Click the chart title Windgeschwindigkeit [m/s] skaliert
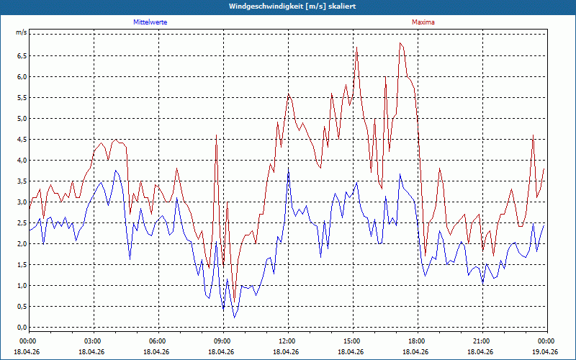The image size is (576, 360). point(292,6)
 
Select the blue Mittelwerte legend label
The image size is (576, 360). point(150,22)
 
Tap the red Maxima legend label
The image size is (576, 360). point(423,22)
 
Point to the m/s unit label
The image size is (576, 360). point(22,32)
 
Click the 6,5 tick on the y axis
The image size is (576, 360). point(22,56)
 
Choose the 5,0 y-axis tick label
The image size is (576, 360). point(22,119)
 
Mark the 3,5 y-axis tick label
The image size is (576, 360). point(22,181)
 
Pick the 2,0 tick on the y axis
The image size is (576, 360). point(22,244)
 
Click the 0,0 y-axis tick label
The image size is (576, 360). point(22,328)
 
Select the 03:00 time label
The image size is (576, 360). point(94,341)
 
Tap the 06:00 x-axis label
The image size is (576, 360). point(158,341)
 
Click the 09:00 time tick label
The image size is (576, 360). point(223,341)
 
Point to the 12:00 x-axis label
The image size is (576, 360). point(289,341)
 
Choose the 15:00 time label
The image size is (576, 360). point(353,341)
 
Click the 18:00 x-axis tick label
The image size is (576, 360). point(418,341)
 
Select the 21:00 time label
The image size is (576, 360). point(482,341)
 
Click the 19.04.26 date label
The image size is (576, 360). point(547,351)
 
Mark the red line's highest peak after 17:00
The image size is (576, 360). point(400,43)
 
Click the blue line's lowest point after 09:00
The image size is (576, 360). point(235,318)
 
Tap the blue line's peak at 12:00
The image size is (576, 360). point(289,168)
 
